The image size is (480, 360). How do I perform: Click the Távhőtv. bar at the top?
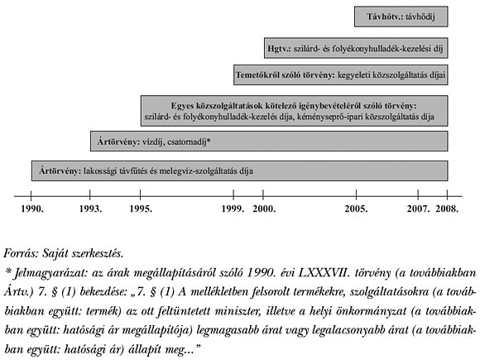(x=402, y=17)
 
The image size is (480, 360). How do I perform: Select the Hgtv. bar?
(x=356, y=46)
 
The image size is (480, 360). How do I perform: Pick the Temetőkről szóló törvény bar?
(x=340, y=75)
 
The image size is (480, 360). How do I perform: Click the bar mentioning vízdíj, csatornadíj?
(x=269, y=142)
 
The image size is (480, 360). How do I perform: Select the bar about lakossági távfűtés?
(x=240, y=171)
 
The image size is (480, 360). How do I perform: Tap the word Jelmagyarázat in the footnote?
(x=50, y=271)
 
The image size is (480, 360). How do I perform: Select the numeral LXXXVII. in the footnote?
(x=317, y=271)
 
